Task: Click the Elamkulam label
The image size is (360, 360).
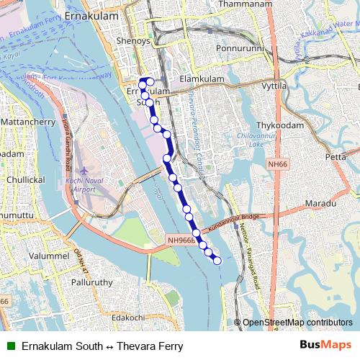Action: (198, 78)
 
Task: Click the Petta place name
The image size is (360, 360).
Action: (336, 156)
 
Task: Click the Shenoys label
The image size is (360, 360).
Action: (133, 42)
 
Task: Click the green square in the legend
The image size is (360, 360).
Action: (11, 346)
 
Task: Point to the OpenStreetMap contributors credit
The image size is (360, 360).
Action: (297, 323)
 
